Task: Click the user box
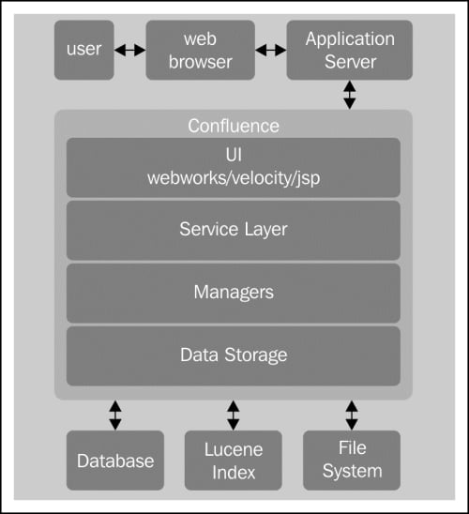[84, 50]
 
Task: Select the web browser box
[200, 50]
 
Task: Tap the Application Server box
[349, 50]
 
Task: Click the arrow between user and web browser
[130, 50]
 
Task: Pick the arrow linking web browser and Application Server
[271, 50]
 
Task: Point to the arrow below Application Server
[350, 95]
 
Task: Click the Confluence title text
[234, 126]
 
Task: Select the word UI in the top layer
[234, 155]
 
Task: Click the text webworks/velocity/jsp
[234, 178]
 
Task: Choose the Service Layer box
[234, 231]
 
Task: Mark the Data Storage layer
[234, 356]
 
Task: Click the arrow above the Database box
[115, 415]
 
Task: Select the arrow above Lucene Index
[233, 415]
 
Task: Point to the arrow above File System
[352, 415]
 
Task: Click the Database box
[115, 461]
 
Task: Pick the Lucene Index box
[234, 461]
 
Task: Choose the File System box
[352, 461]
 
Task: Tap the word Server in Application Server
[351, 62]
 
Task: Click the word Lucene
[234, 449]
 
